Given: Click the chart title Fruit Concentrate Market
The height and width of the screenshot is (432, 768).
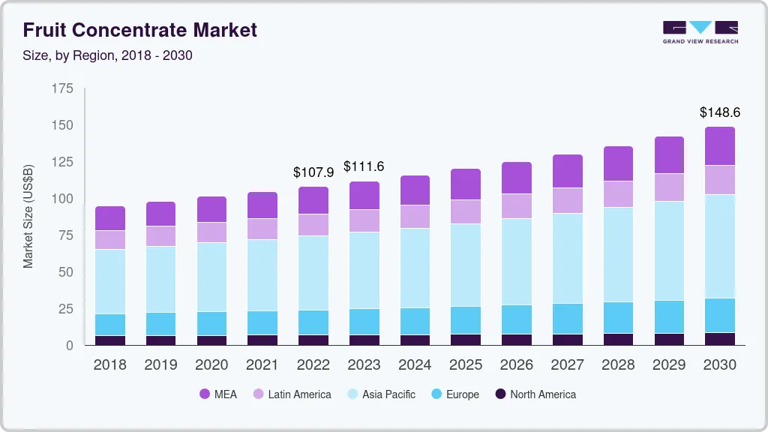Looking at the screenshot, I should click(140, 30).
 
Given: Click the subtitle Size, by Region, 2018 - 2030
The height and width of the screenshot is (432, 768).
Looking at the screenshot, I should click(108, 55).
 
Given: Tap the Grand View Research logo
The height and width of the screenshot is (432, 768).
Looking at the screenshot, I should click(700, 31).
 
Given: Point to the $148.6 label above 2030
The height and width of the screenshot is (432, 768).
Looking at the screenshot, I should click(720, 112).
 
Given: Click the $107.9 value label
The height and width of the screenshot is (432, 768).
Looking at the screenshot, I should click(313, 172).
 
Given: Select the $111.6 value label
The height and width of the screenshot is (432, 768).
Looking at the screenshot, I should click(364, 166).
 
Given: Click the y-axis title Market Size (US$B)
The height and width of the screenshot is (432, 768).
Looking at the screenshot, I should click(28, 216).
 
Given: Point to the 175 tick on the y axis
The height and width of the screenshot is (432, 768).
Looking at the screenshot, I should click(62, 88).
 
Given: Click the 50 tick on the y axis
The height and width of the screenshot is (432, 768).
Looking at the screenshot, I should click(65, 272).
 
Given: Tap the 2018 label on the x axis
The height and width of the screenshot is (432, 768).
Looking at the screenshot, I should click(110, 365).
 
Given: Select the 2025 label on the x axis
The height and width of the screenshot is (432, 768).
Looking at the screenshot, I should click(466, 365).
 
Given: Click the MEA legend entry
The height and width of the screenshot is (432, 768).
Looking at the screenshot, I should click(218, 394).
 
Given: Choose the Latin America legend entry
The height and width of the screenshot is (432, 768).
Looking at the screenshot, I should click(292, 394).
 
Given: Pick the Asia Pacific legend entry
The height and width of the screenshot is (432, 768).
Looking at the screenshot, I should click(381, 394).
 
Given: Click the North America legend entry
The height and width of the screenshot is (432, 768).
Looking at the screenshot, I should click(535, 394).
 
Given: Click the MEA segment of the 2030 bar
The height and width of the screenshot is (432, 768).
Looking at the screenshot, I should click(720, 146).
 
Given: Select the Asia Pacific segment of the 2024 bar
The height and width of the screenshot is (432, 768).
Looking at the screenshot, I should click(415, 268).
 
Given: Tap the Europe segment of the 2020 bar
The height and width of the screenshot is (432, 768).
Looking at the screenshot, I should click(211, 323).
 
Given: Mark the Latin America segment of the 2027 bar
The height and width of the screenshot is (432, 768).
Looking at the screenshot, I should click(568, 200).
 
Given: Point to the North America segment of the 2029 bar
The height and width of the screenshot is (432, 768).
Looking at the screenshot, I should click(669, 339).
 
